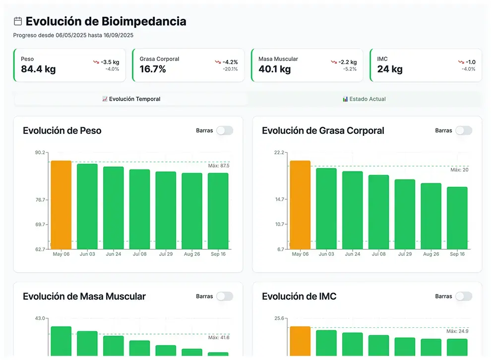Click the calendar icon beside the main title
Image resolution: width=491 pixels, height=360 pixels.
tap(18, 21)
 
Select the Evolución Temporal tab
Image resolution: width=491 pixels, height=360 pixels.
tap(131, 99)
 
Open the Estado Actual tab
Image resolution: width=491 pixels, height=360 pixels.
tap(364, 99)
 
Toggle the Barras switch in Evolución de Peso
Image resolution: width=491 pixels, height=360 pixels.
tap(224, 130)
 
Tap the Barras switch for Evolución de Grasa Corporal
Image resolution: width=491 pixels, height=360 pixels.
tap(463, 130)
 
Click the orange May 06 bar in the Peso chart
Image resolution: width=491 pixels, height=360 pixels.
tap(61, 204)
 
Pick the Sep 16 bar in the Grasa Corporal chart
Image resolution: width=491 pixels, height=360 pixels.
tap(457, 218)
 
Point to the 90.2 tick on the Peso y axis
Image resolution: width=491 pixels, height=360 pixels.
tap(40, 153)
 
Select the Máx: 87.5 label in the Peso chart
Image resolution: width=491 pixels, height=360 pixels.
tap(219, 166)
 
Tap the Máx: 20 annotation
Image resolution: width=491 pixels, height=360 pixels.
tap(459, 170)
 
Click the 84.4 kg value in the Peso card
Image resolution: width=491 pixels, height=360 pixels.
tap(38, 69)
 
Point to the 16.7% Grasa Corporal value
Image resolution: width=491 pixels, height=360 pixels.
tap(153, 69)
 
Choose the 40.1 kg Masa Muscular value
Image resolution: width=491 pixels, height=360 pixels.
tap(274, 69)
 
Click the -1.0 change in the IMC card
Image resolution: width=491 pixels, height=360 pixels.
tap(470, 62)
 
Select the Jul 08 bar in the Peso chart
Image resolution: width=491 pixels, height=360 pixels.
tap(139, 209)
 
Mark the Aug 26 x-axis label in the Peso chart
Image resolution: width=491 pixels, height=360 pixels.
tap(192, 254)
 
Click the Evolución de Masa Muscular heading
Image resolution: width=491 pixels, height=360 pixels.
tap(84, 297)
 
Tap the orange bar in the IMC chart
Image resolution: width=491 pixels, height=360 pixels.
tap(300, 341)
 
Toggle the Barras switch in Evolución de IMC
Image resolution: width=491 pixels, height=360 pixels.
tap(463, 296)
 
